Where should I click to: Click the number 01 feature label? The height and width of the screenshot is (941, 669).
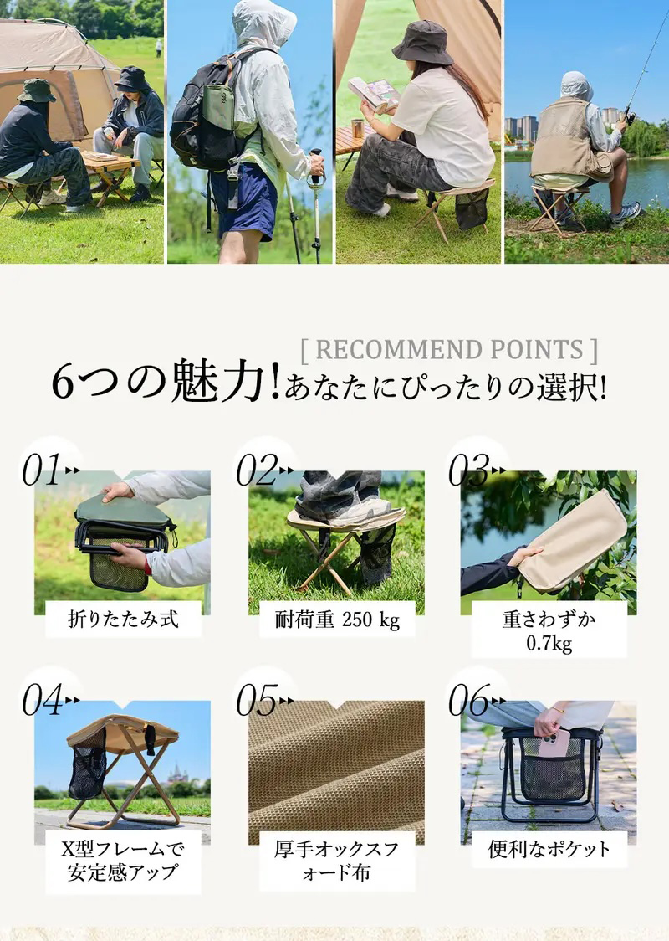click(41, 470)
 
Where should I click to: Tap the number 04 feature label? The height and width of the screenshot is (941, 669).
click(42, 700)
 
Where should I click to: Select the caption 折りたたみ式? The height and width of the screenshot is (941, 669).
click(123, 619)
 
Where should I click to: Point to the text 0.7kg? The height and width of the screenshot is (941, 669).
click(549, 643)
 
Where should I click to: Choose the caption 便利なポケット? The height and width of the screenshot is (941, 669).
click(549, 849)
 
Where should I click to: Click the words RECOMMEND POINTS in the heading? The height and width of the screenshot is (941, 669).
click(449, 349)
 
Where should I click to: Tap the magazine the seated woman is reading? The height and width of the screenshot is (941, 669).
click(374, 95)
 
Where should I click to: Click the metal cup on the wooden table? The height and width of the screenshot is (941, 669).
click(357, 128)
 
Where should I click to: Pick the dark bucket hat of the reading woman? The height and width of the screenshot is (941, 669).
click(422, 42)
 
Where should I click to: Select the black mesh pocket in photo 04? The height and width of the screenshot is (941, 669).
click(88, 767)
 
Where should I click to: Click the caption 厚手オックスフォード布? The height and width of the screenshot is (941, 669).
click(336, 860)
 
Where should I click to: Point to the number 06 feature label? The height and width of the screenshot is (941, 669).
click(470, 700)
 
